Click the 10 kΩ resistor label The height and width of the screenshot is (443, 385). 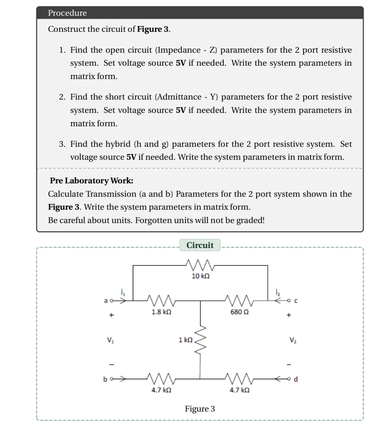(x=201, y=276)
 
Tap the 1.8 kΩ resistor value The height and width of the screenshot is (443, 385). (x=161, y=312)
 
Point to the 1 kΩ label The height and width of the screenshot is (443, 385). (x=185, y=340)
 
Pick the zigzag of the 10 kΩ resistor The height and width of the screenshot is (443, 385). (x=200, y=264)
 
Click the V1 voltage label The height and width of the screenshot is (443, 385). (x=110, y=340)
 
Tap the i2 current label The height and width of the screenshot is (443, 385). (x=278, y=292)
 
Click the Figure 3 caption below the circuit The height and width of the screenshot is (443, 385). (x=200, y=409)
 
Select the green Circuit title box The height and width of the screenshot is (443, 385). (x=200, y=245)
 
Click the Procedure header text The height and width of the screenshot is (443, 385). (x=67, y=13)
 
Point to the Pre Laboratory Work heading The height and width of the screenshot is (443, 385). (x=91, y=181)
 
